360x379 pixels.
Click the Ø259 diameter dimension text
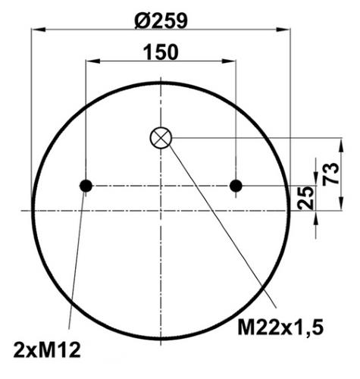pos(161,20)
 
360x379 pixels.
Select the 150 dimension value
pos(161,52)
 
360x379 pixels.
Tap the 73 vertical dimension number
pos(330,174)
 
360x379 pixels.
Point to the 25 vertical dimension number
pos(305,198)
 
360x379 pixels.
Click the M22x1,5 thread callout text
pos(280,327)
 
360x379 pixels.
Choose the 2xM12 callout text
pos(47,350)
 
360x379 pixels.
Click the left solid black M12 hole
pos(86,186)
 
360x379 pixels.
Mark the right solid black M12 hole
pos(236,186)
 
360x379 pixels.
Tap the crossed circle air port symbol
pos(161,138)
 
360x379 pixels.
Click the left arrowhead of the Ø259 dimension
pos(38,30)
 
